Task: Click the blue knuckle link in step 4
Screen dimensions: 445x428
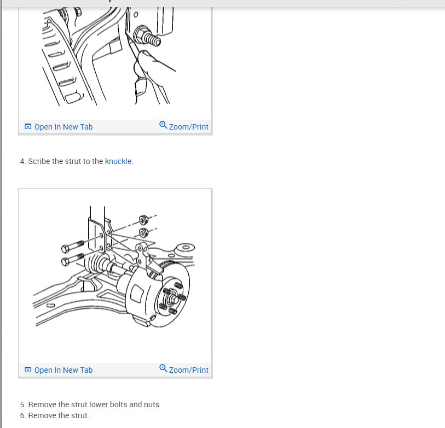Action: (x=118, y=161)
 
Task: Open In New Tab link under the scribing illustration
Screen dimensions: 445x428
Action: (x=63, y=127)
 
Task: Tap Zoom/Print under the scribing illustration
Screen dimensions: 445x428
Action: (x=188, y=127)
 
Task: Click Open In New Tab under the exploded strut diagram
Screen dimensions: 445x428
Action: (x=63, y=370)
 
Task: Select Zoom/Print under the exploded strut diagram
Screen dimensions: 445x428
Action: (x=188, y=370)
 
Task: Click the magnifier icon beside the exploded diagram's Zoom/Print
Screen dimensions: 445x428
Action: (x=163, y=368)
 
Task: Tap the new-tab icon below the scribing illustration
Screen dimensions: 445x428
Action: (x=28, y=126)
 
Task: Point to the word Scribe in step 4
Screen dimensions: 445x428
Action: (x=39, y=161)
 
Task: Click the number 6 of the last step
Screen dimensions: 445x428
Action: (x=22, y=415)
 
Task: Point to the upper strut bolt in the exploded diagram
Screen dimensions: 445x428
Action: (x=73, y=247)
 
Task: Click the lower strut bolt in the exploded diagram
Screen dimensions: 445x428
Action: (x=73, y=259)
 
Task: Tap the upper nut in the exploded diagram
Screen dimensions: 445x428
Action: (x=143, y=220)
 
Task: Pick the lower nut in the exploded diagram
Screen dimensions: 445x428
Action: (x=143, y=233)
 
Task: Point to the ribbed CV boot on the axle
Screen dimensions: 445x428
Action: (x=96, y=264)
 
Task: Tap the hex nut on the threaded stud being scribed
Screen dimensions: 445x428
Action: (x=141, y=33)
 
